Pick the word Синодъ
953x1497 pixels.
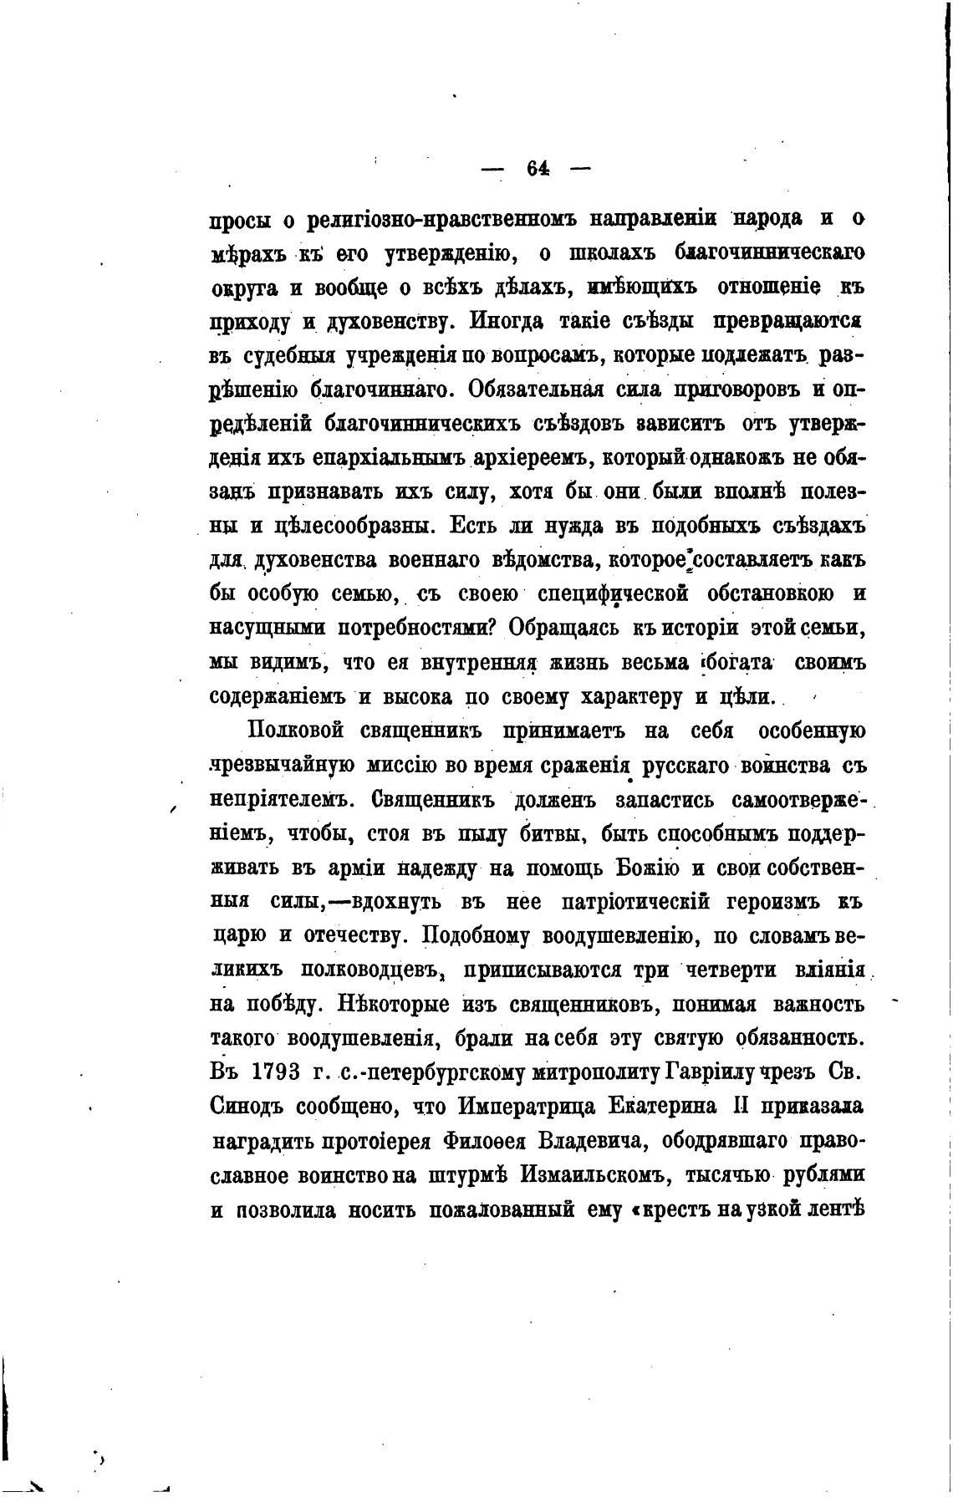click(x=248, y=1106)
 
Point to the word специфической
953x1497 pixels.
click(x=614, y=594)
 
